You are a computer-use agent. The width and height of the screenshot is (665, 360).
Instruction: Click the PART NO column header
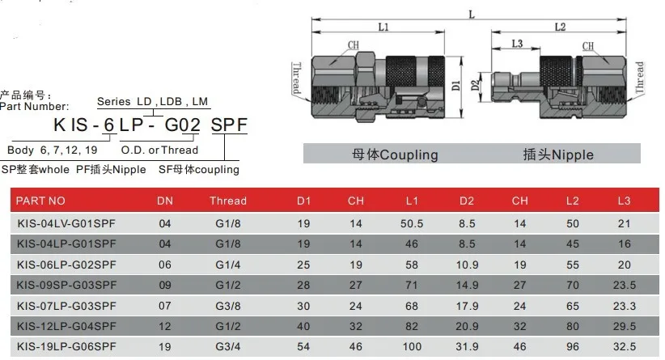(x=40, y=201)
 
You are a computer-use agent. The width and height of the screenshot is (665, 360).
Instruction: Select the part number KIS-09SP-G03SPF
(x=66, y=285)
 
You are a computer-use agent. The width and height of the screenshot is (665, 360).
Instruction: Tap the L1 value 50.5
(x=412, y=223)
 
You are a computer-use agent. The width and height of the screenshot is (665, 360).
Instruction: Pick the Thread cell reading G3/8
(x=228, y=306)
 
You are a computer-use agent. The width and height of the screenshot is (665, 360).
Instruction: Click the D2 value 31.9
(x=467, y=346)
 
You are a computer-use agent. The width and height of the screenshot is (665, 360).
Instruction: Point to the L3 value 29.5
(x=625, y=326)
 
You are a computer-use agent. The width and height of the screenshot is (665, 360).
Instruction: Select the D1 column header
(x=303, y=201)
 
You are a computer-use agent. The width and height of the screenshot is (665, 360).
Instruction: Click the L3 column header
(x=624, y=201)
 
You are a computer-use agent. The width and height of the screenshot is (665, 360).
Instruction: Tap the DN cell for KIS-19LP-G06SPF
(x=164, y=347)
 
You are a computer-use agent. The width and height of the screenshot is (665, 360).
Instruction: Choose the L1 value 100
(x=412, y=346)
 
